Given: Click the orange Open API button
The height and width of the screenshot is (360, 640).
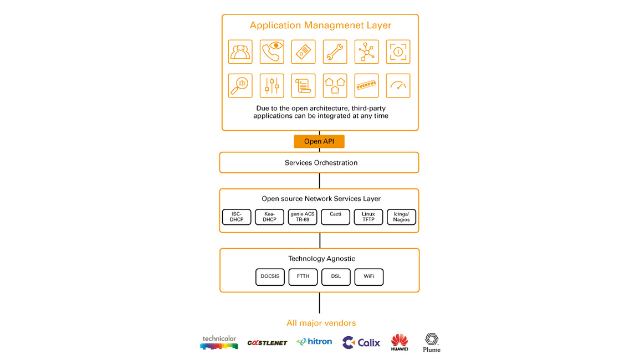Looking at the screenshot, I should click(x=319, y=142).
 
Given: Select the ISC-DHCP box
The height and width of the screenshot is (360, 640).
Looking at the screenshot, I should click(x=237, y=217).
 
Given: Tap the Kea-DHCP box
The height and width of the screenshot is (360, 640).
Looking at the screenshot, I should click(x=269, y=217).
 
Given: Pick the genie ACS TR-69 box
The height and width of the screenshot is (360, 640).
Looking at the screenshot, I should click(x=303, y=217).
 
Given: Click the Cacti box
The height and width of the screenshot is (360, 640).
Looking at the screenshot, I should click(x=336, y=217).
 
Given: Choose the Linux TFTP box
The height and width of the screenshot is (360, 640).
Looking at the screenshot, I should click(x=368, y=217).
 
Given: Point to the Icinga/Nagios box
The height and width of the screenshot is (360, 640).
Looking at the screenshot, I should click(x=401, y=217).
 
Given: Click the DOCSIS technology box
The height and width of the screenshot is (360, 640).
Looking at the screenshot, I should click(x=270, y=276).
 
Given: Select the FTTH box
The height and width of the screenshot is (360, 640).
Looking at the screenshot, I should click(x=303, y=276).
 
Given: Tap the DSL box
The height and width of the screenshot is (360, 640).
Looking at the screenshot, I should click(x=336, y=276).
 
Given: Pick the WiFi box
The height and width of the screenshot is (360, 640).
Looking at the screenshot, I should click(x=369, y=276).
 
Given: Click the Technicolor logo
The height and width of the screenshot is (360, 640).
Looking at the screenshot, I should click(x=219, y=343).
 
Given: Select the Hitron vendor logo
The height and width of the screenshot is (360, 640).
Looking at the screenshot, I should click(x=314, y=342).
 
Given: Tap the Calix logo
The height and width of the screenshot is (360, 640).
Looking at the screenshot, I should click(x=361, y=343).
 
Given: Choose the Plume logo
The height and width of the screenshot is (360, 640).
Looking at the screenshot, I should click(x=431, y=343).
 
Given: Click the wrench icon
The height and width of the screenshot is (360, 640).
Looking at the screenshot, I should click(x=335, y=52).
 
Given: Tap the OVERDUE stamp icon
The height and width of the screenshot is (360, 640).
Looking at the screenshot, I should click(x=366, y=86).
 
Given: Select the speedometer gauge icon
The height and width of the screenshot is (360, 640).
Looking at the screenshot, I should click(x=398, y=86).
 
